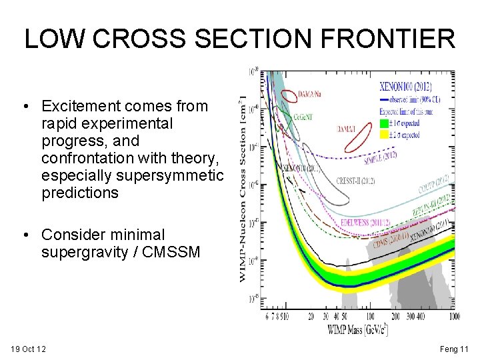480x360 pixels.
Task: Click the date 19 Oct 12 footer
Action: click(29, 349)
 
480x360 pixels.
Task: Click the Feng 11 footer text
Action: click(455, 349)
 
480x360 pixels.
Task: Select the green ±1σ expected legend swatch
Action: click(383, 123)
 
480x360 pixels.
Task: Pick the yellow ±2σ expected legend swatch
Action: click(383, 134)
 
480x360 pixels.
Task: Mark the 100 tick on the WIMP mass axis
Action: click(369, 316)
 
